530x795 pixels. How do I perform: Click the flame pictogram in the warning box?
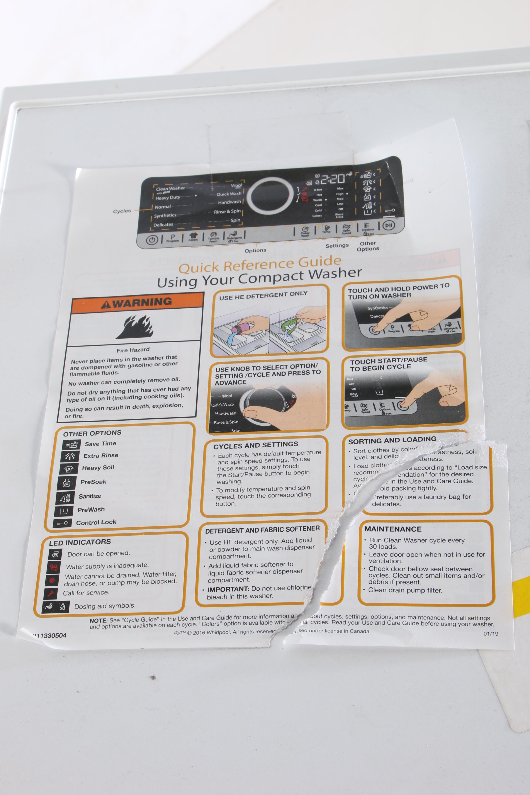click(x=135, y=326)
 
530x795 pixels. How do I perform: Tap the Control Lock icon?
click(x=62, y=523)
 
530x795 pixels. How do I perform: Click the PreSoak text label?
click(x=93, y=482)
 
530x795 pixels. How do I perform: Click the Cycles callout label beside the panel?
click(x=122, y=211)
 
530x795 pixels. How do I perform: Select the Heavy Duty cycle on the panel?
click(x=168, y=198)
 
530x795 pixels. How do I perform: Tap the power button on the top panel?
click(x=152, y=240)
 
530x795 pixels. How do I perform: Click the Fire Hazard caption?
click(x=133, y=350)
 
